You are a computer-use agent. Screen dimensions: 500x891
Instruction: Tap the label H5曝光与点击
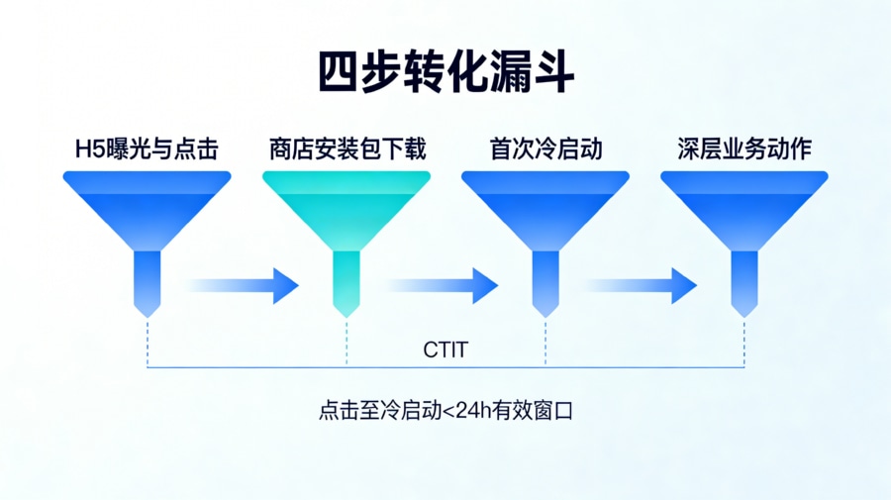[x=147, y=150]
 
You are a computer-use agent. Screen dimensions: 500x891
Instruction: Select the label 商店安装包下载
[x=346, y=150]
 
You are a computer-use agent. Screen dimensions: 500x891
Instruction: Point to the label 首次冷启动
[x=545, y=150]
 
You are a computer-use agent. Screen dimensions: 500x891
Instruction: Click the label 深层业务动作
[x=744, y=150]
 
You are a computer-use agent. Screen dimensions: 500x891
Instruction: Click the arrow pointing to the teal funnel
[x=243, y=285]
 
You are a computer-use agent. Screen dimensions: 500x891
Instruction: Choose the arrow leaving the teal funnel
[x=443, y=285]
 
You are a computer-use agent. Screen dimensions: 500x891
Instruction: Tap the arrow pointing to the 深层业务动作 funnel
[x=643, y=285]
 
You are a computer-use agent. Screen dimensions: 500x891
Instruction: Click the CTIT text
[x=445, y=350]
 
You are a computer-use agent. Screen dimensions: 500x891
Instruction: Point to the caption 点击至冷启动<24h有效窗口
[x=445, y=410]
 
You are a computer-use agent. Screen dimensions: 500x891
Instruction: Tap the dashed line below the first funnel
[x=148, y=342]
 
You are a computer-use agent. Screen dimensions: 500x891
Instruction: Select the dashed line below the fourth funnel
[x=744, y=342]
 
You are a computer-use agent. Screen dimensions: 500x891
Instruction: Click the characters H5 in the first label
[x=88, y=150]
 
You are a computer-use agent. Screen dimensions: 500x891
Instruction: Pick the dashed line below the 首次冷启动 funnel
[x=545, y=342]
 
